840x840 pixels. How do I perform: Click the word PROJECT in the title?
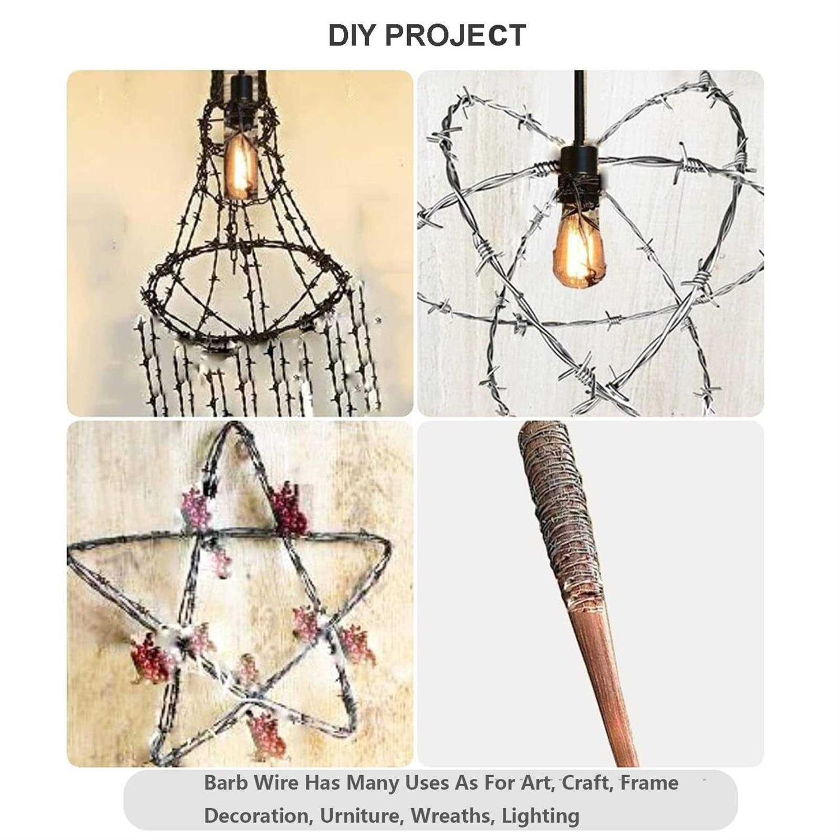tap(455, 35)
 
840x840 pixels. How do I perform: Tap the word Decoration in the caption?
tap(258, 816)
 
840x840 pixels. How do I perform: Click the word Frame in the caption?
tap(649, 782)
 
